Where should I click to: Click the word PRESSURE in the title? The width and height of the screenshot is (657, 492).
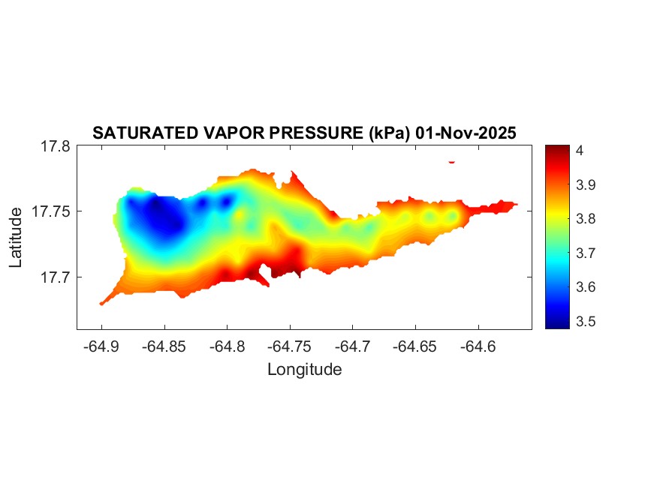(x=317, y=133)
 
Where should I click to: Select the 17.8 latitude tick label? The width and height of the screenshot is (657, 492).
(x=55, y=147)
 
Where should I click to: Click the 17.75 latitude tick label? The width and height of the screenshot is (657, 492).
(x=51, y=211)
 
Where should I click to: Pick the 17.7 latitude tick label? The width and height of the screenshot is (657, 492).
(x=55, y=277)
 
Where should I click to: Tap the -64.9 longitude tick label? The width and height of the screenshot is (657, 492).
(x=102, y=346)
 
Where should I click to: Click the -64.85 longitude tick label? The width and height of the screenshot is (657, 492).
(x=164, y=346)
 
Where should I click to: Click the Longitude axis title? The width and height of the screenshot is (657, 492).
(x=304, y=369)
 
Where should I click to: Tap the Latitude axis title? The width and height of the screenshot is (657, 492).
(x=17, y=238)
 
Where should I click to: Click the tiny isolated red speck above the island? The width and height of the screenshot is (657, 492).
(x=452, y=161)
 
